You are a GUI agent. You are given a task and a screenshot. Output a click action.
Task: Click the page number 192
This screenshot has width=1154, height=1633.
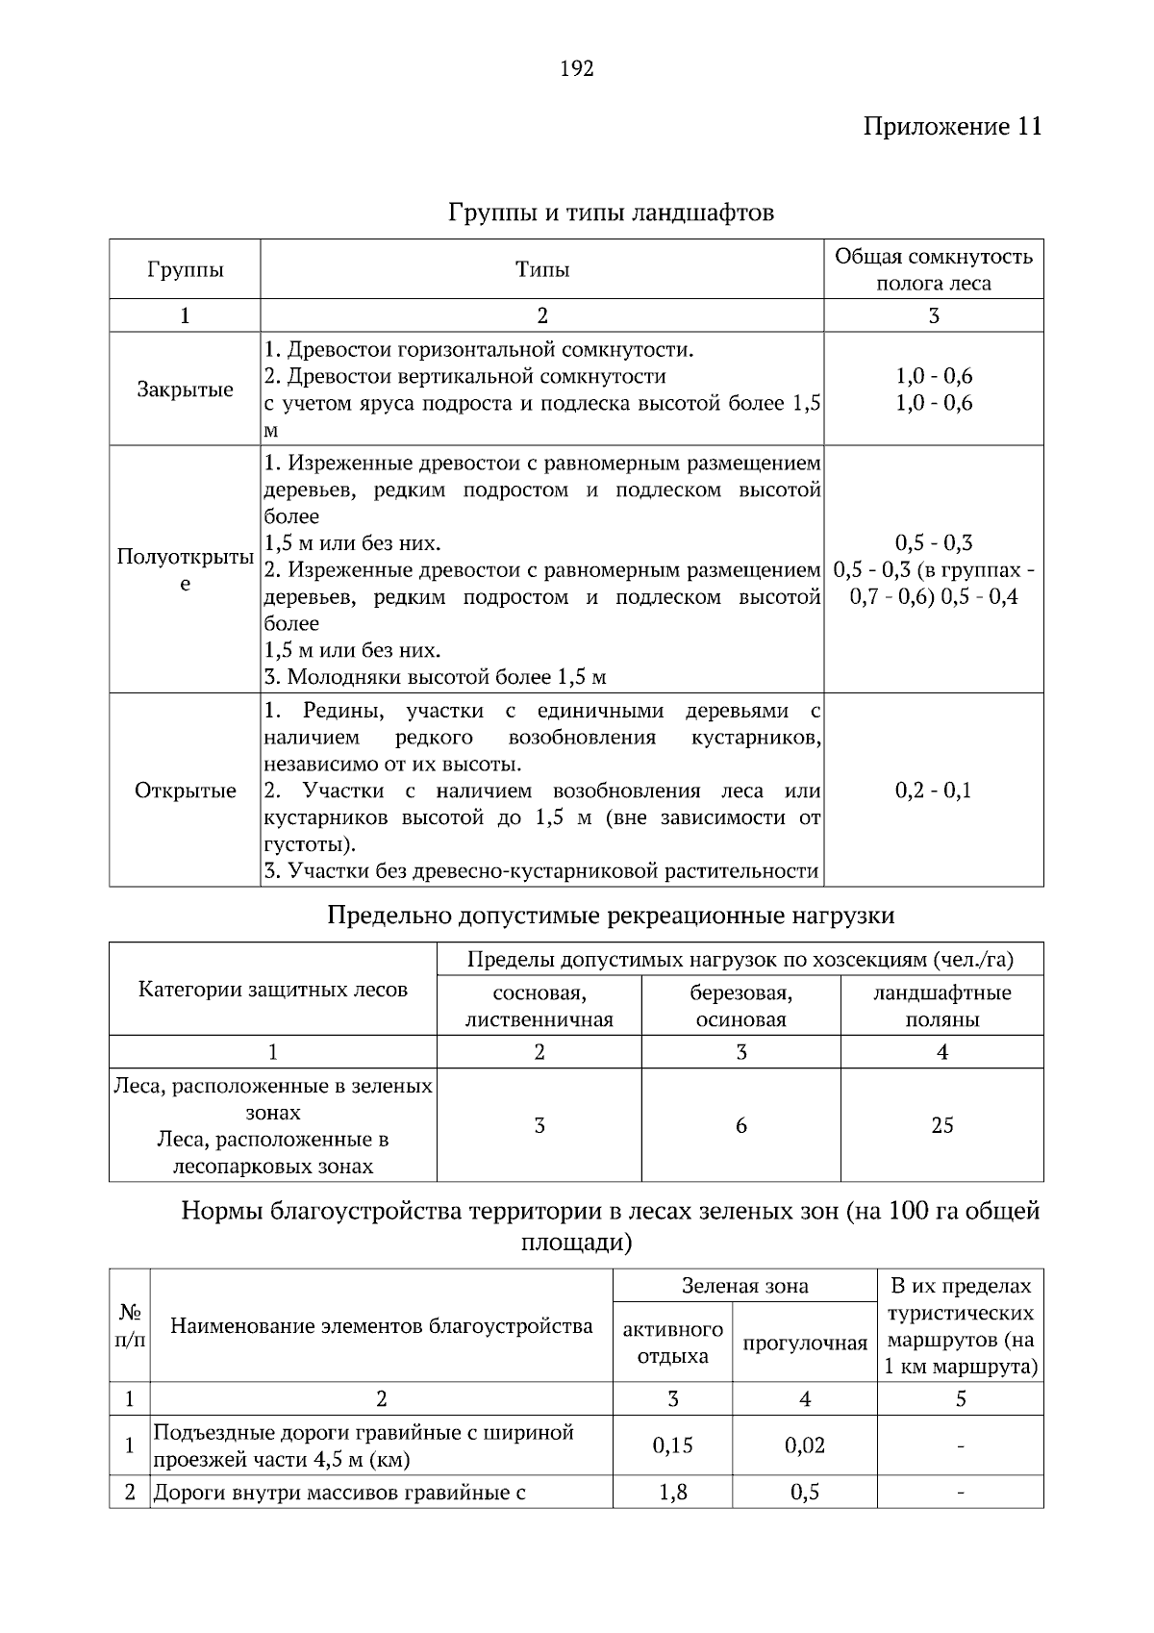coord(577,68)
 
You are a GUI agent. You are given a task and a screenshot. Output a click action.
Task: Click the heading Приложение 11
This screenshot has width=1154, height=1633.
coord(952,127)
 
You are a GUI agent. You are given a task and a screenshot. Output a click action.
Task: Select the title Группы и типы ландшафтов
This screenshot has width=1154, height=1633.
coord(611,212)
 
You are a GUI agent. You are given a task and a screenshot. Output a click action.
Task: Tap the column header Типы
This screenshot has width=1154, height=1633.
coord(541,269)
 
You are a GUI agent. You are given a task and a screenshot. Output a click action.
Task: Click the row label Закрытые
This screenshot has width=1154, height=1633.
coord(185,389)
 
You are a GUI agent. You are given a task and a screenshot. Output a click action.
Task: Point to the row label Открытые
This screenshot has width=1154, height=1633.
coord(185,791)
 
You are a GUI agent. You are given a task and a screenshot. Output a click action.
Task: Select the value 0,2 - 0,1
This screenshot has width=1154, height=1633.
coord(933,791)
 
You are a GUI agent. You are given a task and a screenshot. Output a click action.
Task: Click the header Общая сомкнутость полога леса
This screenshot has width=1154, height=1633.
coord(933,269)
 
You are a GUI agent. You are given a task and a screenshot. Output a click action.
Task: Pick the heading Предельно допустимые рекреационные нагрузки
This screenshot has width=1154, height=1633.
coord(611,915)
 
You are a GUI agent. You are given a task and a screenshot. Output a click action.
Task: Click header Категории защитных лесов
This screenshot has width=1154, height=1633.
coord(273,990)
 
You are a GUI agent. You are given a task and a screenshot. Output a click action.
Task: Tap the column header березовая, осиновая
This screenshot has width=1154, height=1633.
coord(740,1006)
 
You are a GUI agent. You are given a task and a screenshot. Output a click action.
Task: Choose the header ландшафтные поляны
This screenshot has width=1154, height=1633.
coord(941,1006)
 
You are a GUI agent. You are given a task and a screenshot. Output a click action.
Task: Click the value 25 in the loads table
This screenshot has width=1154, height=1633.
coord(941,1125)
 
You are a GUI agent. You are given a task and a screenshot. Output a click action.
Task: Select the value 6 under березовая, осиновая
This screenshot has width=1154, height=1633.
coord(740,1125)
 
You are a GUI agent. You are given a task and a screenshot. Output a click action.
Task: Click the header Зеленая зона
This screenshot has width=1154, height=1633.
coord(744,1286)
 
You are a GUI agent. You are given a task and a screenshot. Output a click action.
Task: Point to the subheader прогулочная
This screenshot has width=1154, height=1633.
coord(804,1344)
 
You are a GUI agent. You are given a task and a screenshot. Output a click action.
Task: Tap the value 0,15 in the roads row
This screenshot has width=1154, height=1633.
coord(672,1445)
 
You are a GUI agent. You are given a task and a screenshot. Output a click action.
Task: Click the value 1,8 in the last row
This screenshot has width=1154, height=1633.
coord(672,1493)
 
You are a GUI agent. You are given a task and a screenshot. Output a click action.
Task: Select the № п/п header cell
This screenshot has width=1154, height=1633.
coord(130,1326)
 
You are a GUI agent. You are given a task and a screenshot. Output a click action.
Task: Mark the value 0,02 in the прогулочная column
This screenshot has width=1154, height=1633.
coord(804,1445)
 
